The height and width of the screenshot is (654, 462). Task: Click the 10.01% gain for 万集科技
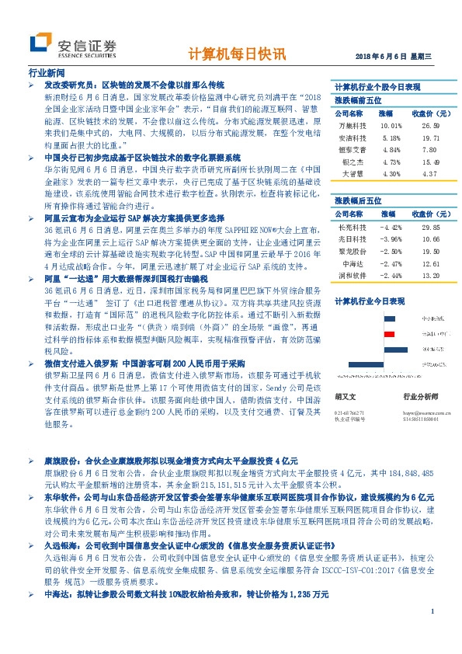391,125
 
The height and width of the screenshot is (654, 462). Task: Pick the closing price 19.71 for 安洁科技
431,137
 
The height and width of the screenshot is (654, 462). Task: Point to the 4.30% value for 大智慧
391,174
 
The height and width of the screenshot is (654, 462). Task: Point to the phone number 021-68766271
351,412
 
